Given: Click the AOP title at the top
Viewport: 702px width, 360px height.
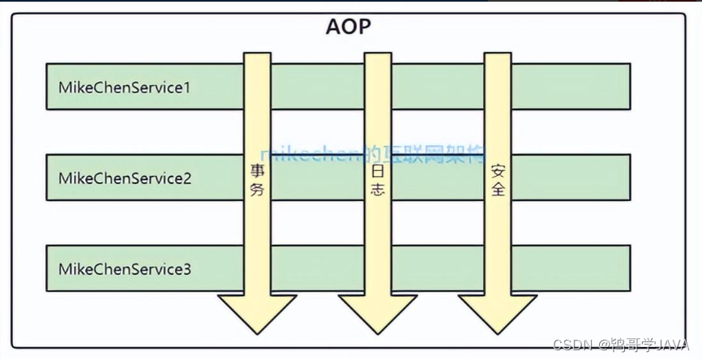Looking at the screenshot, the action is (350, 27).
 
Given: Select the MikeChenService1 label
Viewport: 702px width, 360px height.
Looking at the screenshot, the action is (124, 86).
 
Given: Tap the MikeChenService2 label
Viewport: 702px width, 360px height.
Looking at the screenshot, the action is (124, 177).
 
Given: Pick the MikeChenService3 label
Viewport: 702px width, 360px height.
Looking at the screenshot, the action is (124, 268).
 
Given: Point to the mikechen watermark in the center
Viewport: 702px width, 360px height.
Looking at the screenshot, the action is (372, 154).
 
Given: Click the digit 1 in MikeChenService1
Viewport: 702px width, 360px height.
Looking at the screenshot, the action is (187, 86).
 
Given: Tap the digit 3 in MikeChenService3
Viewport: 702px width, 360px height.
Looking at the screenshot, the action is (187, 268).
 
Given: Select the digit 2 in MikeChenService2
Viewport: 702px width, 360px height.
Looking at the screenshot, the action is (187, 177).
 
